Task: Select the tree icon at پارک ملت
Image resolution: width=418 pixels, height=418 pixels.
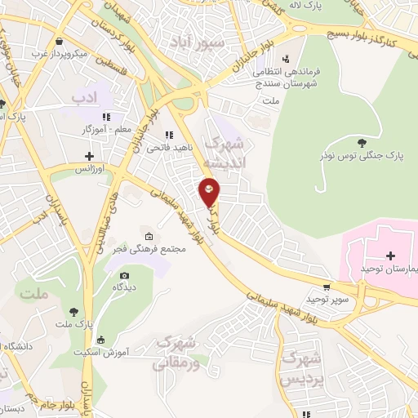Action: [75, 311]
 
